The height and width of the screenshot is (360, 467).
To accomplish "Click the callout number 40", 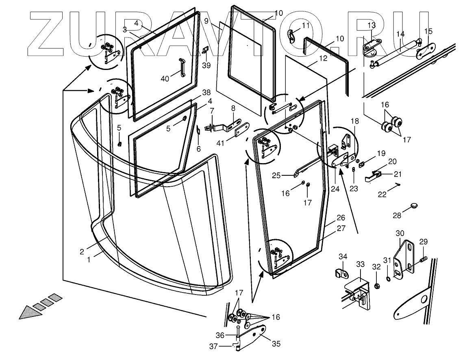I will coord(165,79).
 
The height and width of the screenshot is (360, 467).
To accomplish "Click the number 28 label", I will coord(397,215).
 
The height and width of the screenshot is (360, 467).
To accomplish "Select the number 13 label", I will coord(371,25).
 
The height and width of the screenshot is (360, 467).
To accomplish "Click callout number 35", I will coord(276,344).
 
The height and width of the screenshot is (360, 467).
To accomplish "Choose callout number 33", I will coord(360,264).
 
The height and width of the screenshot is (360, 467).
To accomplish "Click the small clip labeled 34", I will coord(341,274).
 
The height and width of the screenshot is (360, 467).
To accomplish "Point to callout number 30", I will coord(400,233).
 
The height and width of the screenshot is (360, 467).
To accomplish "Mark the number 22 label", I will coord(382,194).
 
